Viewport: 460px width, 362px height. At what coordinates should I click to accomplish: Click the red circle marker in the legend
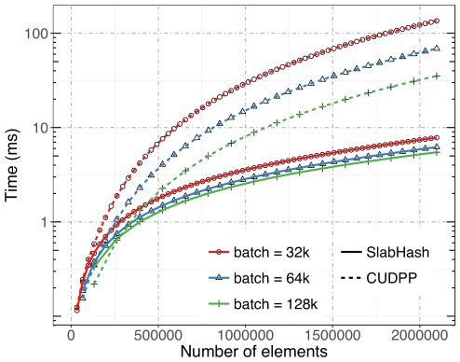(217, 253)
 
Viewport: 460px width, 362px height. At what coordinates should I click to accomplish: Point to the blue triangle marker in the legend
(217, 277)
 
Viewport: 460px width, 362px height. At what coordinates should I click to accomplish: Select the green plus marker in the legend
(217, 302)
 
